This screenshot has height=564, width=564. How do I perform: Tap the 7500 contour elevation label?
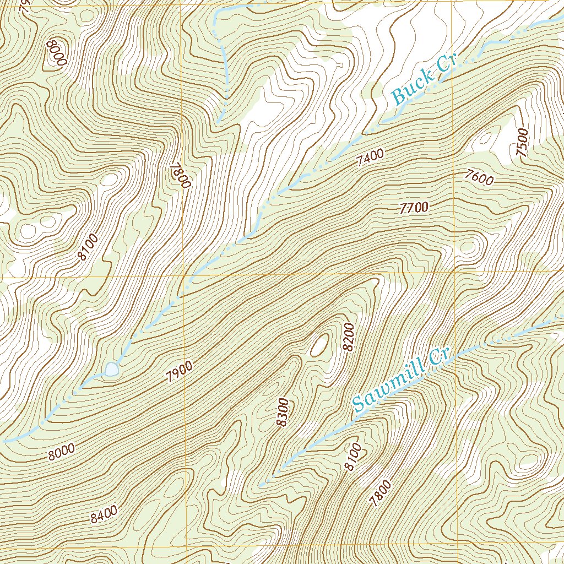pos(523,143)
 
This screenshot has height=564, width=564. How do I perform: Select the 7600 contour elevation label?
pos(479,177)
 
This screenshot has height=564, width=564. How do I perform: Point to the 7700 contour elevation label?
pos(414,208)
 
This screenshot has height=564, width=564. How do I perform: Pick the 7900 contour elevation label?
pos(179,373)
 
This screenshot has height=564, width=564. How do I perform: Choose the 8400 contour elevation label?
pos(104,514)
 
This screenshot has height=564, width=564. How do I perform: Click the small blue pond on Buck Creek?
pos(111,369)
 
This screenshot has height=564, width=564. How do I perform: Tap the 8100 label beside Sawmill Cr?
pos(352,457)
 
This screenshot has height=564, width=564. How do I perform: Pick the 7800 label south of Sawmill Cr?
pos(381,493)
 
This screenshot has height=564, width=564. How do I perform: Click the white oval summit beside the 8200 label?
pos(319,345)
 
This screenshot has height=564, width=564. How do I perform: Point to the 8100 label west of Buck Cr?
pos(88,247)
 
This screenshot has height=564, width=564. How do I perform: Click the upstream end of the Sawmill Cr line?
pos(261,485)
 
